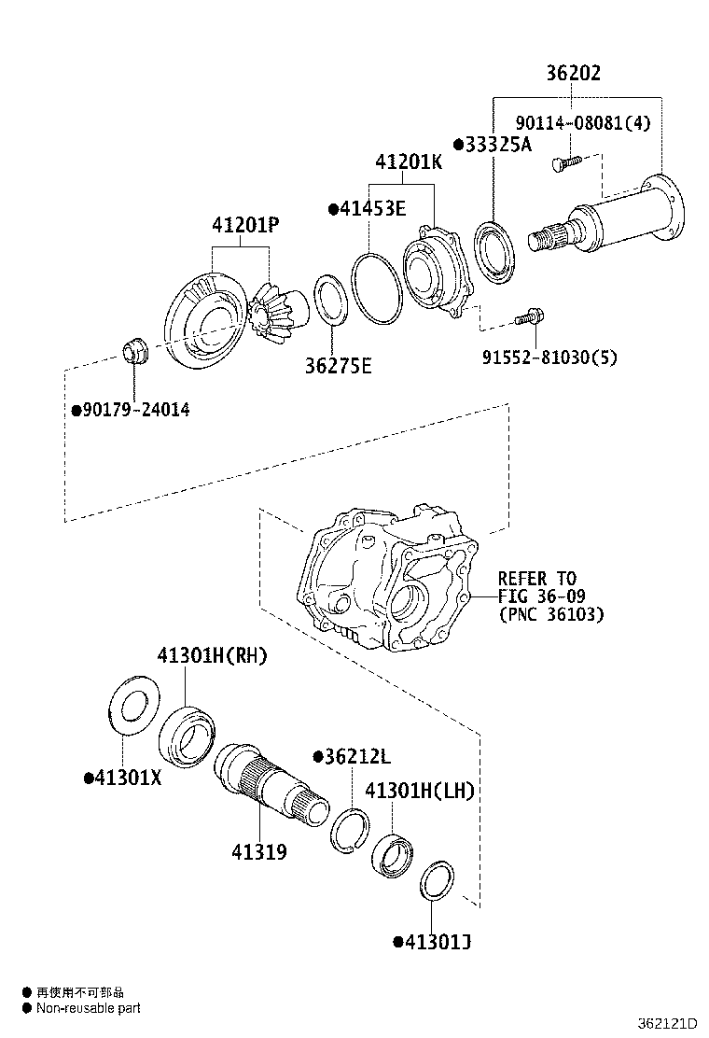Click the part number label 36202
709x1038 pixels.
point(573,74)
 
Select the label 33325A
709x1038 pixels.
point(493,144)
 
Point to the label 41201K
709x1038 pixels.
point(409,162)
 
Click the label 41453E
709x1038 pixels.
point(368,209)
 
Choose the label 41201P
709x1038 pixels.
point(245,225)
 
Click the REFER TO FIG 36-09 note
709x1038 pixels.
point(550,596)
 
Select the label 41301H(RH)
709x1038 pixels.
point(212,656)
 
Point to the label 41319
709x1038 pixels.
point(259,851)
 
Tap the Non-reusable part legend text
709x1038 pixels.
point(88,1008)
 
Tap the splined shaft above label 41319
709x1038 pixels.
point(268,778)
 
